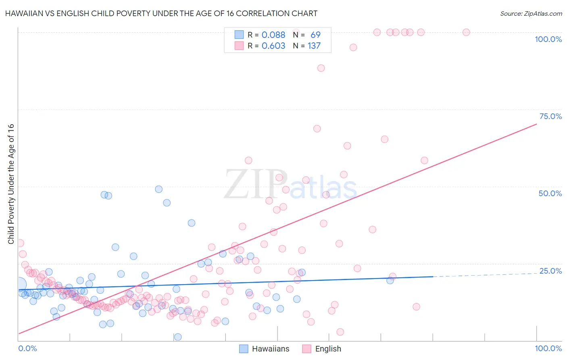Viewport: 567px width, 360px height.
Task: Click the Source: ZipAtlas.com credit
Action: [531, 13]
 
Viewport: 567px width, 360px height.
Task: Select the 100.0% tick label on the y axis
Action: [548, 39]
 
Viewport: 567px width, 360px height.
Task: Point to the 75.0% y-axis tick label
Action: [550, 116]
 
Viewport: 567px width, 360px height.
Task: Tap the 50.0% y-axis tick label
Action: [550, 193]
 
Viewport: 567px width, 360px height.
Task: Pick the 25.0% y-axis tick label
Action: [550, 271]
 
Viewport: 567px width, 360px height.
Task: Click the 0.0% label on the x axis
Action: [27, 348]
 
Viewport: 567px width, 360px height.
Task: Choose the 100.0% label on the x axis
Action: [548, 348]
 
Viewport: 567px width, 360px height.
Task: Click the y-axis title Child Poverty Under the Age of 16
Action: [11, 184]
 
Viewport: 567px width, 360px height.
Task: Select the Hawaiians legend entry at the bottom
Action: [271, 349]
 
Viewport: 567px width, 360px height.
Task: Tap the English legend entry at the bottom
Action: [328, 349]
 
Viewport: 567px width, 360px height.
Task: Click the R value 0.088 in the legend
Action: [273, 35]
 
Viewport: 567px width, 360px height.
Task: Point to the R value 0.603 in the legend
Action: [273, 46]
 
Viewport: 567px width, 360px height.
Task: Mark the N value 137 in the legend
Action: [314, 46]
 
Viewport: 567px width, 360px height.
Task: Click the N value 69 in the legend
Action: [315, 35]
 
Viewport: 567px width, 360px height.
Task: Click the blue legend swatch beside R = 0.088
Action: [239, 35]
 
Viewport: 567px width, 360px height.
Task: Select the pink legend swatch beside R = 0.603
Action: [239, 46]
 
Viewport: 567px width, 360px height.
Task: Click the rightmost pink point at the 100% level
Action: [466, 32]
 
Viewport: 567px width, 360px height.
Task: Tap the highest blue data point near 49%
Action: [159, 189]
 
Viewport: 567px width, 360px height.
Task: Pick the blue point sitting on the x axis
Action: [178, 337]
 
